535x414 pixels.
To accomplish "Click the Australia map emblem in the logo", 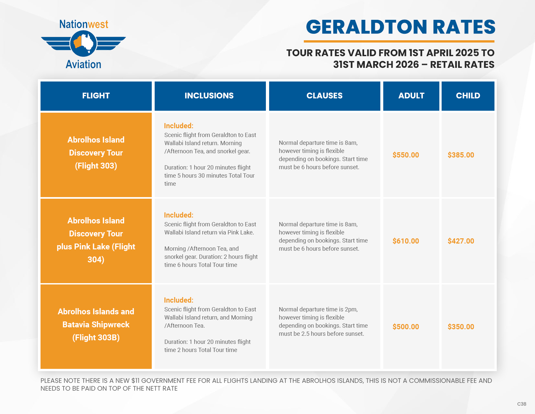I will click(x=83, y=44).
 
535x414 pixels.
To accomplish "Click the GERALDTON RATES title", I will click(x=400, y=27).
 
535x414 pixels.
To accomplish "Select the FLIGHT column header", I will click(x=96, y=96).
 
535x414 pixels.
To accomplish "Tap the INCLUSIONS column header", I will click(x=209, y=96).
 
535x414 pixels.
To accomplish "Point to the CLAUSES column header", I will click(x=325, y=96).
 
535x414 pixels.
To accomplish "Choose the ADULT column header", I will click(x=411, y=96).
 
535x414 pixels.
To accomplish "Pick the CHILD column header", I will click(x=468, y=96).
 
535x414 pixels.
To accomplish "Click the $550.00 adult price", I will click(x=406, y=155).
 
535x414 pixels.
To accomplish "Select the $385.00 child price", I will click(x=461, y=155).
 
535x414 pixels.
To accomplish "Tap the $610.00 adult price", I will click(x=406, y=241).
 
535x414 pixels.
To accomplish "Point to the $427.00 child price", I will click(x=461, y=241).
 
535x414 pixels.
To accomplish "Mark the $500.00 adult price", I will click(x=406, y=327).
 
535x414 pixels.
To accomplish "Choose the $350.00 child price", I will click(x=461, y=327).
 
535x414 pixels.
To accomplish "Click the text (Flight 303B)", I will click(x=96, y=338).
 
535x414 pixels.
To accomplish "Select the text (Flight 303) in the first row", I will click(x=96, y=166).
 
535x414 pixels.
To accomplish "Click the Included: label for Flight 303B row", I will click(x=179, y=300).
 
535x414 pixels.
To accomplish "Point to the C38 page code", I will click(x=521, y=404).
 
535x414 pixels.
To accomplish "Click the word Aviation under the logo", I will click(x=83, y=64).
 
